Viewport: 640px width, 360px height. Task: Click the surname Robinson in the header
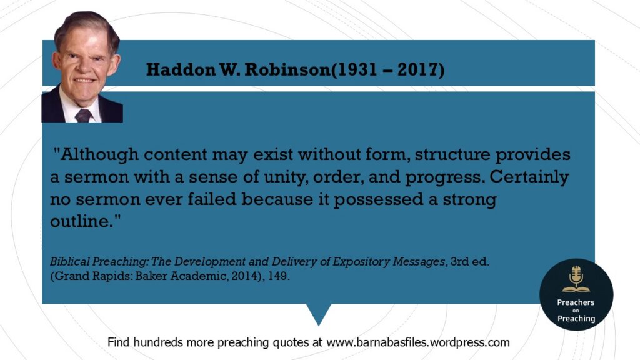pyautogui.click(x=286, y=69)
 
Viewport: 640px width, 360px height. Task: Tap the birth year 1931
pyautogui.click(x=356, y=69)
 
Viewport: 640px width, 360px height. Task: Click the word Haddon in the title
pyautogui.click(x=181, y=69)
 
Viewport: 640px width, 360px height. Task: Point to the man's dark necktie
pyautogui.click(x=83, y=116)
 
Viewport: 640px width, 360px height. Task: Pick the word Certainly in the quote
pyautogui.click(x=529, y=177)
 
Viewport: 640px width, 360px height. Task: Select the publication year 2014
pyautogui.click(x=244, y=276)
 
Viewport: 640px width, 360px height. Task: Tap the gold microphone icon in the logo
pyautogui.click(x=576, y=279)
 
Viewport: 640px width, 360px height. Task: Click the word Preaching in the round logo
pyautogui.click(x=576, y=319)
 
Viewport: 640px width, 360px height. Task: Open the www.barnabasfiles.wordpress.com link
pyautogui.click(x=418, y=342)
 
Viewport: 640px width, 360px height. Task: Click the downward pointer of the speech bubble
pyautogui.click(x=319, y=314)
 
